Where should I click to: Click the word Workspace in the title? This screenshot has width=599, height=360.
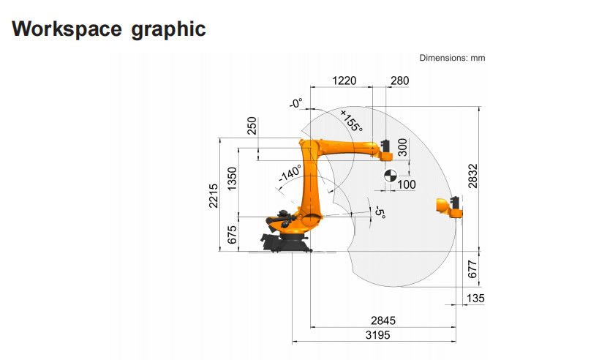[67, 29]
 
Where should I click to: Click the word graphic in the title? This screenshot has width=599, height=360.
[168, 30]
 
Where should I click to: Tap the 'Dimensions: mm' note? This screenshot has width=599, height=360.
[452, 58]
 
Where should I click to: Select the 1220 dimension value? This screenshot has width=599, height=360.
[344, 80]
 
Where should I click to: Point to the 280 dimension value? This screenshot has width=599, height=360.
[399, 80]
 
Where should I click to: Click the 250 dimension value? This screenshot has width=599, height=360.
[252, 126]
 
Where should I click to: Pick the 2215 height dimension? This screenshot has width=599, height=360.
[214, 196]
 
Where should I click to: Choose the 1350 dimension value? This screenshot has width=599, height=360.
[232, 179]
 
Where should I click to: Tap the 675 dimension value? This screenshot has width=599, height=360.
[232, 235]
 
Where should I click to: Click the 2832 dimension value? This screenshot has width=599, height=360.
[473, 176]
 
